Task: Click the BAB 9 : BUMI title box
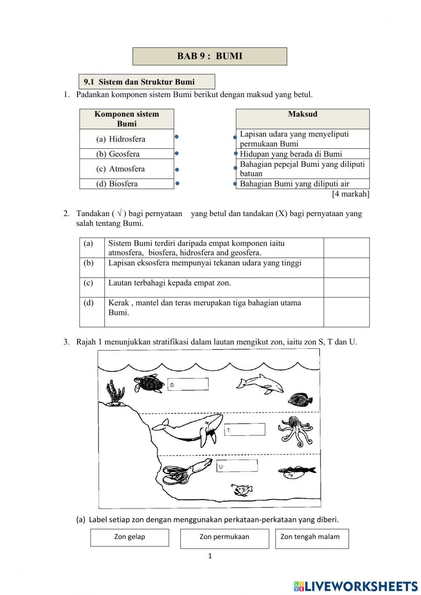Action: pos(210,56)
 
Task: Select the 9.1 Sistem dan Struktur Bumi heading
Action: pos(147,82)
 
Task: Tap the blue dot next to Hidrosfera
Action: pos(177,136)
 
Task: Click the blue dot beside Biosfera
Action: pos(177,184)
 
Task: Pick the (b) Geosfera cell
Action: pos(126,154)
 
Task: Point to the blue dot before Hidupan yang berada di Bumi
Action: pos(236,154)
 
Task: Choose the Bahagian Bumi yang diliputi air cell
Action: pos(302,184)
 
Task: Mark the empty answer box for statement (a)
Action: pos(346,248)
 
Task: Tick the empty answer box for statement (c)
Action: pos(346,287)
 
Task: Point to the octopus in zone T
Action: pos(295,430)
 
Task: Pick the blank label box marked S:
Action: pos(188,384)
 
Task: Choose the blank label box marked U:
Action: pos(237,466)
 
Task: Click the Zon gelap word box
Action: pos(129,537)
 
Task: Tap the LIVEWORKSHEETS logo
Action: pos(355,586)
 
